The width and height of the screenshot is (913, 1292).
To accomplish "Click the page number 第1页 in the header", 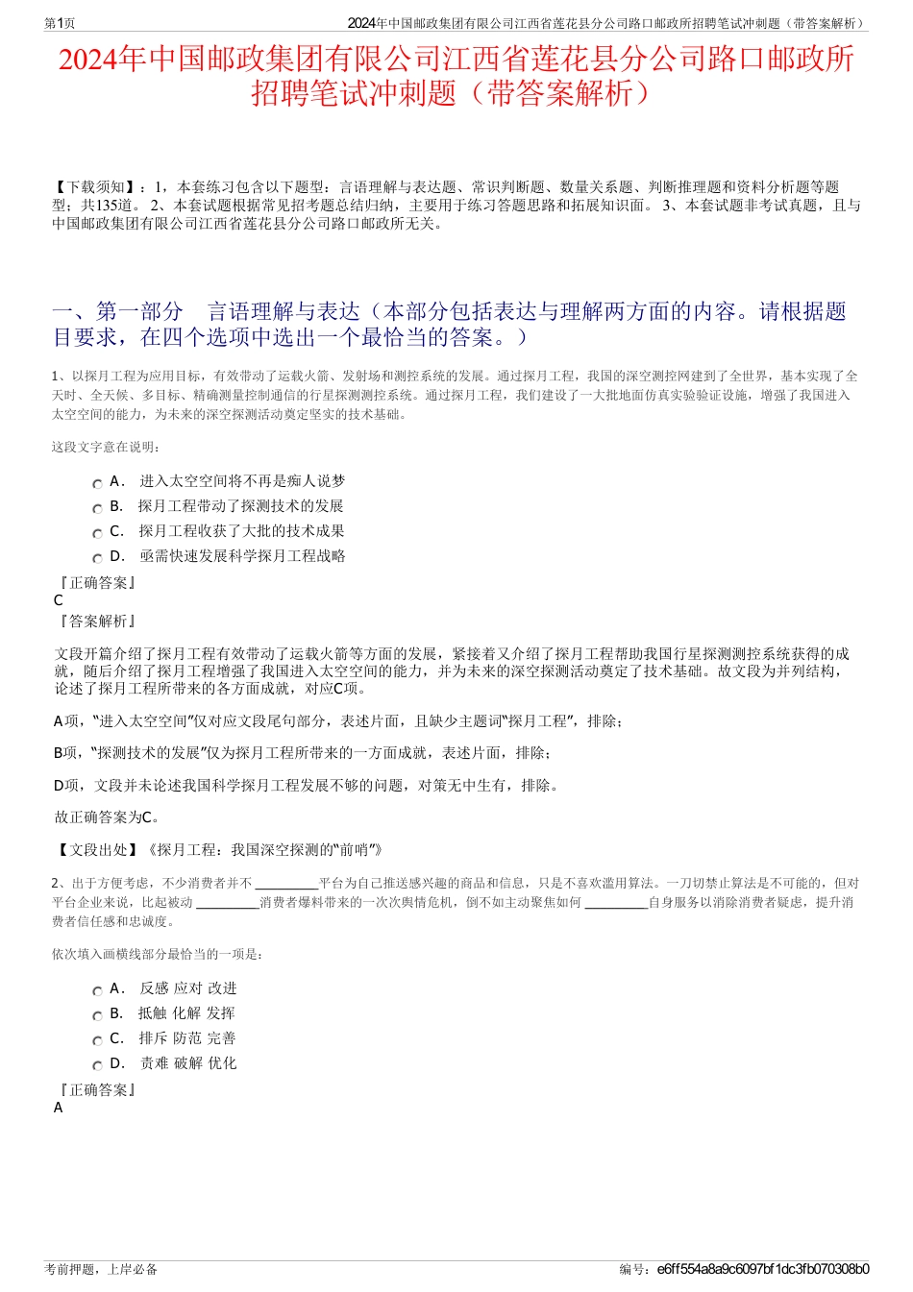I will (61, 23).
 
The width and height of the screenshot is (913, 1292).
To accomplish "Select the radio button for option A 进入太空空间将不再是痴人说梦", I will (97, 483).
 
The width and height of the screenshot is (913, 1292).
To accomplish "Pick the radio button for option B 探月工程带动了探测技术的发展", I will (97, 508).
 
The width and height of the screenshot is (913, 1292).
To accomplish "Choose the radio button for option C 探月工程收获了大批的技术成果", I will (97, 533).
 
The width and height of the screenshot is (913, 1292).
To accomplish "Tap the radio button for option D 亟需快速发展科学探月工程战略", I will (97, 558).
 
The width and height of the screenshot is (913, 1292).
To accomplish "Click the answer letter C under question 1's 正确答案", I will (59, 600).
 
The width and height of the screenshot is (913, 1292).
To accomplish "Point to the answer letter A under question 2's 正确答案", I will (59, 1108).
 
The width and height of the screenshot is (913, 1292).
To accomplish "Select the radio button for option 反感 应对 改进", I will (97, 990).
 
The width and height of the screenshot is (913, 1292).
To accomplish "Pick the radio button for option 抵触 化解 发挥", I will (97, 1015).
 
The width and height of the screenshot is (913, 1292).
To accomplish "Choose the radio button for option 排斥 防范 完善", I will (97, 1040).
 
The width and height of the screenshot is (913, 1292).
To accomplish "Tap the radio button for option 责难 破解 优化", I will (97, 1065).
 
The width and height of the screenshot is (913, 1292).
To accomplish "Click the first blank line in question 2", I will (286, 885).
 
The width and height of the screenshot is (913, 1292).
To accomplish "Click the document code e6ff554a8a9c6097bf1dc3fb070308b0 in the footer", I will (763, 1269).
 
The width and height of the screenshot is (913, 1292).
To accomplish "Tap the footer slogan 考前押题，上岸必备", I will (101, 1269).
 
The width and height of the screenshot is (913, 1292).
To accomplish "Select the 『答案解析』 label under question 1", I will (97, 622).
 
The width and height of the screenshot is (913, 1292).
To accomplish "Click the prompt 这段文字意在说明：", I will (106, 447).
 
